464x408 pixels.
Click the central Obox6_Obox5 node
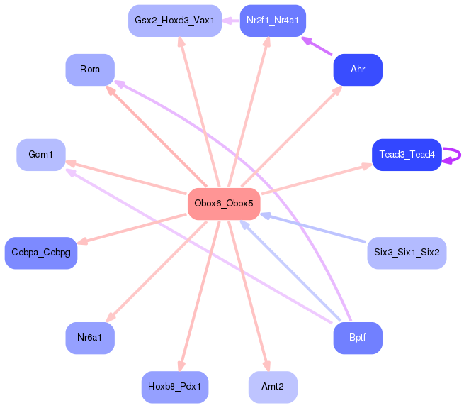(x=224, y=204)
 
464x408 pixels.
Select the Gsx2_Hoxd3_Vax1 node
(x=174, y=21)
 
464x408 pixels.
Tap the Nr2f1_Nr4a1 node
(x=273, y=21)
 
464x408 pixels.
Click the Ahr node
(x=358, y=70)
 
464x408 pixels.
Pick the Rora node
(x=90, y=70)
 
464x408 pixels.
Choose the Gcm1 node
(x=41, y=155)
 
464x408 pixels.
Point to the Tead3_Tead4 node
(x=407, y=155)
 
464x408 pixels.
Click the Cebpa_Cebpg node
(x=41, y=253)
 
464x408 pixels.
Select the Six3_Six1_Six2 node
(x=407, y=253)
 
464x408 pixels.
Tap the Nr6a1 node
(x=90, y=338)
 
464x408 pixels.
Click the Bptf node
(x=358, y=338)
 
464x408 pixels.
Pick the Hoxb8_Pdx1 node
(x=174, y=387)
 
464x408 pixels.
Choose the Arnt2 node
(x=273, y=387)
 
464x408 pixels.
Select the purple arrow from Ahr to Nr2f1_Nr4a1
(x=317, y=45)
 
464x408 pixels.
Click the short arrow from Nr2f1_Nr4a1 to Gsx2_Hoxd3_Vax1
(x=230, y=21)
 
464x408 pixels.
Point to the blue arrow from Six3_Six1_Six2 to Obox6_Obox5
(x=313, y=228)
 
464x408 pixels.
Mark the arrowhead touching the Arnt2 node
(x=266, y=366)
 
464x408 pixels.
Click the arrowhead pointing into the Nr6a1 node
(x=111, y=317)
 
